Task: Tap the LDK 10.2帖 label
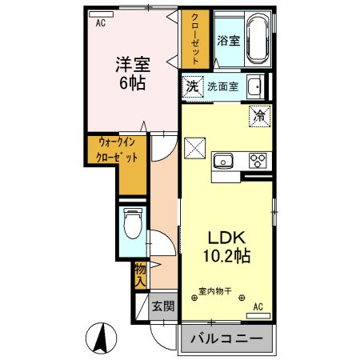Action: pyautogui.click(x=230, y=247)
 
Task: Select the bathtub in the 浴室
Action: pyautogui.click(x=258, y=40)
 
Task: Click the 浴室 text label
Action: pyautogui.click(x=229, y=39)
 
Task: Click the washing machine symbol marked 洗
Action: pyautogui.click(x=193, y=86)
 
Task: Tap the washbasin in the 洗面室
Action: pyautogui.click(x=254, y=86)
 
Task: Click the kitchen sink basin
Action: pyautogui.click(x=222, y=160)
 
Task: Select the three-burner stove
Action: pyautogui.click(x=258, y=160)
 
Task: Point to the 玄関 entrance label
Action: pyautogui.click(x=164, y=305)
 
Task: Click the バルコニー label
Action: pyautogui.click(x=226, y=339)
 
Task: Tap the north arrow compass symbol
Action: pyautogui.click(x=101, y=338)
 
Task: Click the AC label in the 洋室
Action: pyautogui.click(x=101, y=24)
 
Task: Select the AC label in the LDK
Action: pyautogui.click(x=258, y=306)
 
